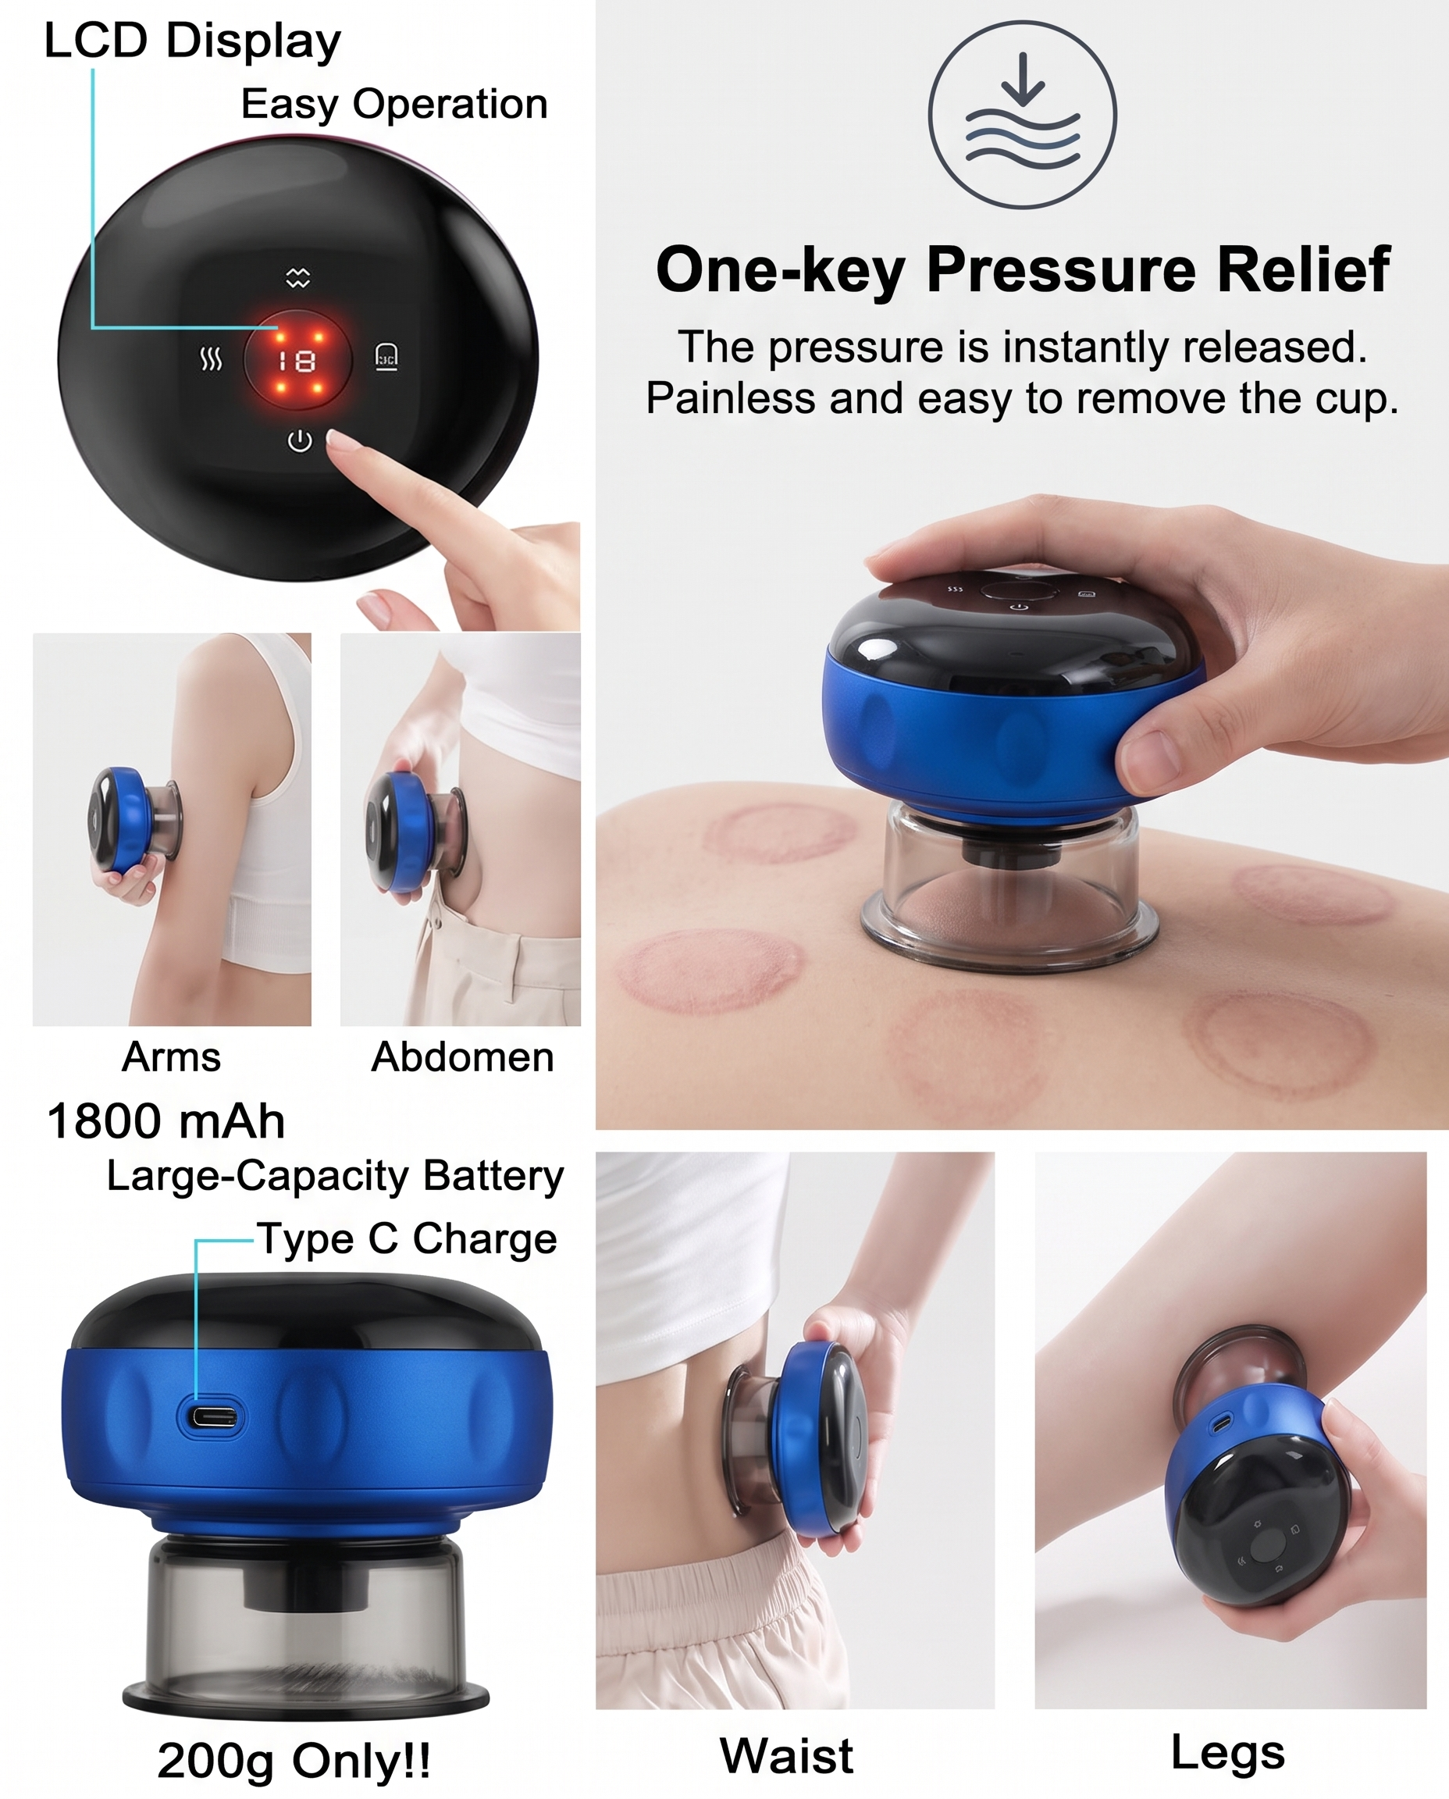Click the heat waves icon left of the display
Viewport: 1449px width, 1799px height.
coord(211,360)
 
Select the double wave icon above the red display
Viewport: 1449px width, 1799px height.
coord(298,278)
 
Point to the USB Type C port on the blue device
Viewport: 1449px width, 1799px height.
coord(212,1416)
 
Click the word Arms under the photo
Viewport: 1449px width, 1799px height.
coord(171,1057)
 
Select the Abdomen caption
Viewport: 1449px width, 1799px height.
coord(462,1057)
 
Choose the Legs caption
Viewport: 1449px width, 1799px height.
coord(1228,1754)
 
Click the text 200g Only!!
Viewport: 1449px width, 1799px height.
coord(294,1762)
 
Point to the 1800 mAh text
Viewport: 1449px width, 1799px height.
coord(166,1121)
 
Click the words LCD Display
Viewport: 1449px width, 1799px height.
coord(193,41)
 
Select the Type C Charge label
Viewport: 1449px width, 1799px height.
coord(407,1239)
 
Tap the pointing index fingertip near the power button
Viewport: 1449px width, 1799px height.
coord(337,439)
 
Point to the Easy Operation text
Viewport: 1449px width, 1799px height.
coord(395,105)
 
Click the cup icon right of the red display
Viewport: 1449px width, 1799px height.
coord(386,357)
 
